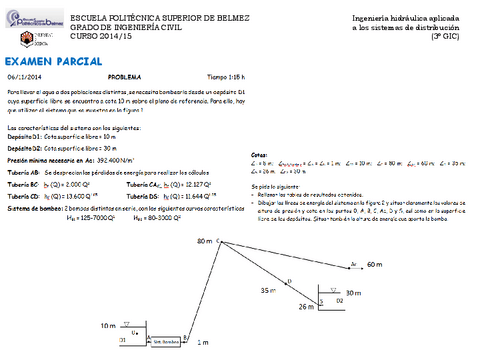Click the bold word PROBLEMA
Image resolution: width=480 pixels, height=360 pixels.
[x=124, y=76]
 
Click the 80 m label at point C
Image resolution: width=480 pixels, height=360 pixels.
[x=206, y=242]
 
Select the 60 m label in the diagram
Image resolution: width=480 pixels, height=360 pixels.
[x=375, y=264]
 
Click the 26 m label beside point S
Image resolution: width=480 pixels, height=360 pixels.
[x=307, y=308]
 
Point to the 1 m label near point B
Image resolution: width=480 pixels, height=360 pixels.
[x=204, y=342]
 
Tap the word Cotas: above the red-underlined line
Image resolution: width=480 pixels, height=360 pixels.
[x=259, y=155]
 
